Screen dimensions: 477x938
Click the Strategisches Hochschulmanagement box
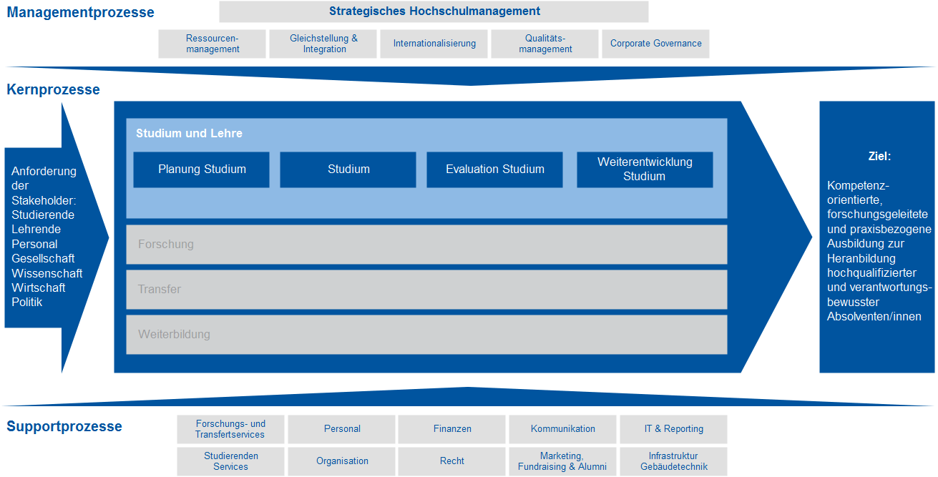coord(434,11)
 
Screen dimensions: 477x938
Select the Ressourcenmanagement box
coord(212,44)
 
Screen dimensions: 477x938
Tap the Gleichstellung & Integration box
coord(323,44)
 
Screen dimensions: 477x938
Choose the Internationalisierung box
coord(434,44)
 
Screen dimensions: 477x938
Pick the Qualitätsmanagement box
coord(545,44)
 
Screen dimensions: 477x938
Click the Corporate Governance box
coord(655,44)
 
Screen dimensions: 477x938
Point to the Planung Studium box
coord(202,169)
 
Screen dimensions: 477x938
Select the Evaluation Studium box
coord(494,169)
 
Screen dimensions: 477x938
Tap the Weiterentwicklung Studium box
coord(645,169)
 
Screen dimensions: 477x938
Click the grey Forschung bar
coord(426,245)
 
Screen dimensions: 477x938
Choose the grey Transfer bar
coord(426,290)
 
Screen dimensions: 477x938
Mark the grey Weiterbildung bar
coord(426,335)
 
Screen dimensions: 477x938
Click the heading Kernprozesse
coord(53,90)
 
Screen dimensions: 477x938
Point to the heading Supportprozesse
coord(64,427)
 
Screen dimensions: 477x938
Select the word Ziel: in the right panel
coord(879,156)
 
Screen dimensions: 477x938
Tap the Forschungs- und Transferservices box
coord(230,429)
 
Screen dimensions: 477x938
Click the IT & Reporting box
coord(673,429)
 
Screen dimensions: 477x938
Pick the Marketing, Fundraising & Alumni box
coord(562,461)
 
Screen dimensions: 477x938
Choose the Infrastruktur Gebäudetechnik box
coord(673,461)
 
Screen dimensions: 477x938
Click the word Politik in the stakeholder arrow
coord(27,303)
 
